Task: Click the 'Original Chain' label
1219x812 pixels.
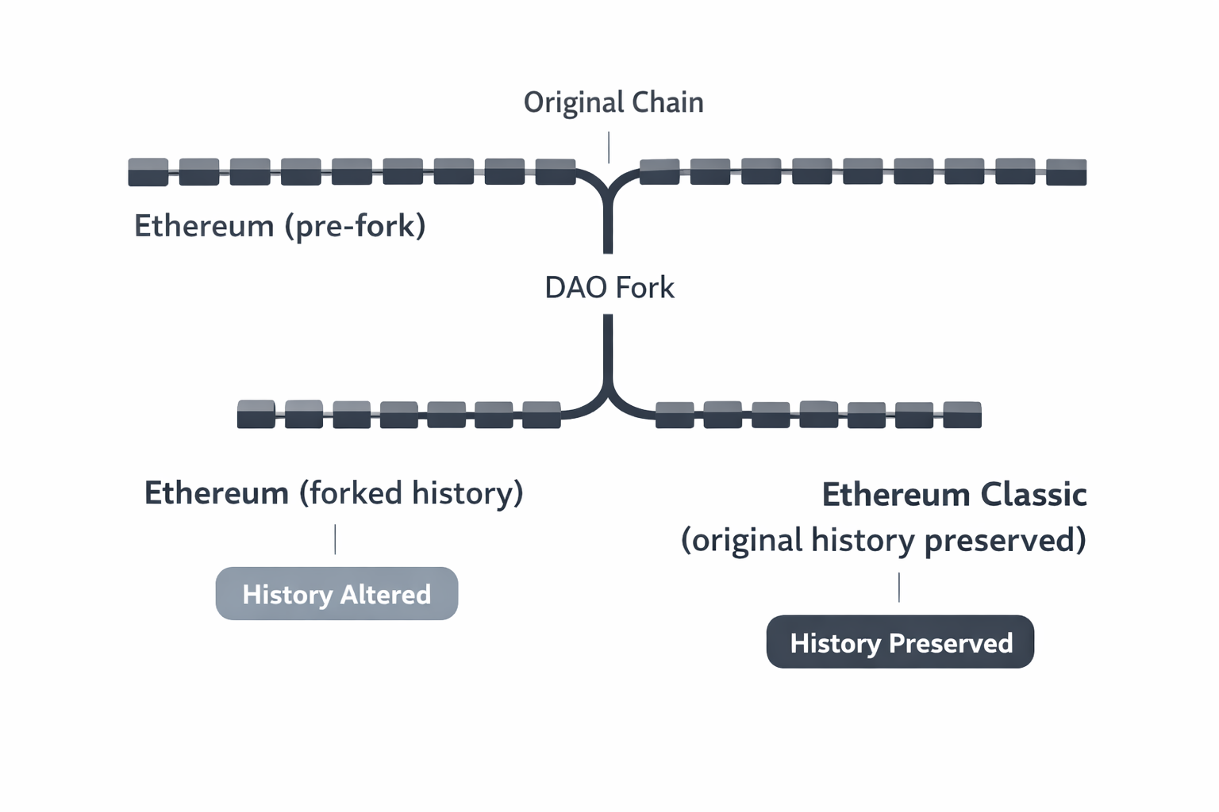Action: tap(613, 102)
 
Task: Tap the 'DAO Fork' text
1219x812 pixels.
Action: tap(609, 287)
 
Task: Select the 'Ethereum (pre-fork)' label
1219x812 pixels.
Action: tap(279, 226)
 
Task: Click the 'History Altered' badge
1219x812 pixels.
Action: tap(336, 594)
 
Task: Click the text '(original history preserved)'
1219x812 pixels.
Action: tap(883, 541)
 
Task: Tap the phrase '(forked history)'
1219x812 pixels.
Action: tap(411, 493)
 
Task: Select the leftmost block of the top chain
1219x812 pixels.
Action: tap(148, 172)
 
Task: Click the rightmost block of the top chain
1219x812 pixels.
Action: tap(1066, 172)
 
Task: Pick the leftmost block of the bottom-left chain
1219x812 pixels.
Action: tap(256, 415)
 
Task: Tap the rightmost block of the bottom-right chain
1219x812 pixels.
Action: tap(962, 415)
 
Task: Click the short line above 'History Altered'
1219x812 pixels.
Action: tap(335, 539)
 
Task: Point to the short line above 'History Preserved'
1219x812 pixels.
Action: tap(899, 588)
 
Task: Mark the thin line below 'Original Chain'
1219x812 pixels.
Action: tap(609, 147)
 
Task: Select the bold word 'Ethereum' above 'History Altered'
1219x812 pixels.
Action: tap(216, 493)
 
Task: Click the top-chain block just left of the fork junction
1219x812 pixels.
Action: tap(556, 172)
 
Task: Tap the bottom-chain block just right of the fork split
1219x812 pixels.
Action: tap(675, 415)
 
